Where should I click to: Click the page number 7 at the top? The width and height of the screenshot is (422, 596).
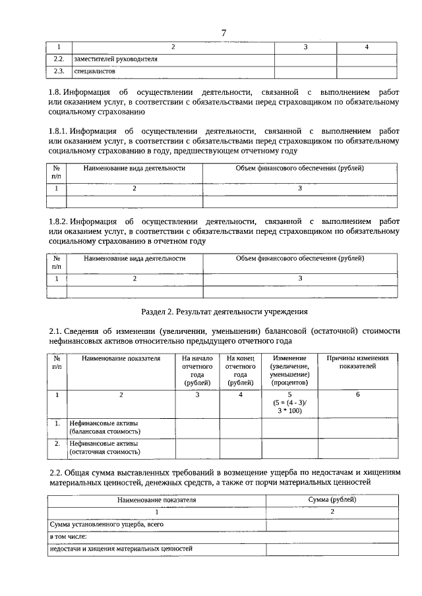[224, 33]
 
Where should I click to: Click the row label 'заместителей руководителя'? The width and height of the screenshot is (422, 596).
[115, 59]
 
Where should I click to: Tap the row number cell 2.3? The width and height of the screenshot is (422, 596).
[59, 70]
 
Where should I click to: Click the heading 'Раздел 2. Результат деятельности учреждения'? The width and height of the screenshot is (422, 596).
[224, 311]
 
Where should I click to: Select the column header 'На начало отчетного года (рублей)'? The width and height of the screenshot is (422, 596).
[196, 370]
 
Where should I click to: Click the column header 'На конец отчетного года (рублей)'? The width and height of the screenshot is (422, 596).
[240, 370]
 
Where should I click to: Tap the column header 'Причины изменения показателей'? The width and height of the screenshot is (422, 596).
[357, 362]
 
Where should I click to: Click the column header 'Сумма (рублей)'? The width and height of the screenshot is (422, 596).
[332, 500]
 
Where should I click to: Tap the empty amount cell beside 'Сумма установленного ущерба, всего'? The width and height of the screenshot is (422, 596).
[332, 525]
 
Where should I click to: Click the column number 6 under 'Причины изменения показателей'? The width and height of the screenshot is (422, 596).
[357, 394]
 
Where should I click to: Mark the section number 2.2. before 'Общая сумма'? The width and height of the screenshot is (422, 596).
[56, 472]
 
